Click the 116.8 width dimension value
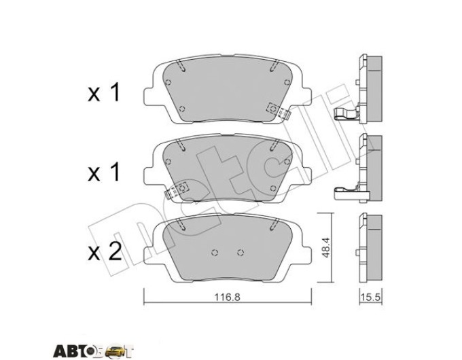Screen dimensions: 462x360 [x=227, y=297]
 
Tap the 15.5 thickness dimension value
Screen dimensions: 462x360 [x=371, y=297]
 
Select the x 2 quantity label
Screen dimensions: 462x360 [x=105, y=252]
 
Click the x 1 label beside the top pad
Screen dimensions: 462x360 [x=104, y=92]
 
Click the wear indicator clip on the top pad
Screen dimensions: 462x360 [x=278, y=111]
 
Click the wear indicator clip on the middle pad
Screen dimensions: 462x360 [x=176, y=191]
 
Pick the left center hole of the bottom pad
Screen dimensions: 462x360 [x=215, y=252]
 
